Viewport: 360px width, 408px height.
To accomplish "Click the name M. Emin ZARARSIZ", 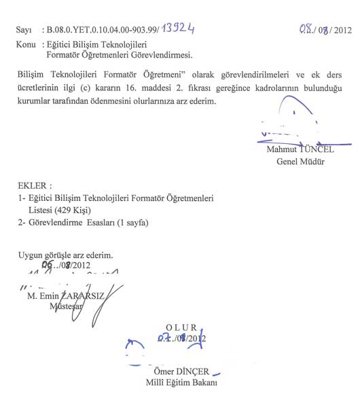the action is coord(65,295).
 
